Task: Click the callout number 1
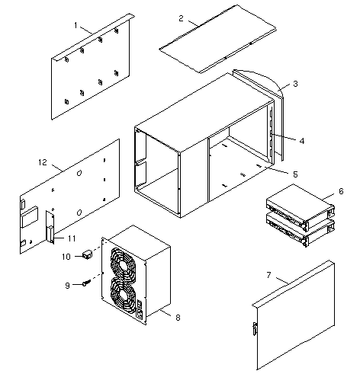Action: [x=76, y=25]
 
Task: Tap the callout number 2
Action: [x=181, y=18]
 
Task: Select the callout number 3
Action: [x=295, y=84]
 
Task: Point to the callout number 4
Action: [x=302, y=141]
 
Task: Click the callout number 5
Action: [x=295, y=174]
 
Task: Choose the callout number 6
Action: [x=341, y=191]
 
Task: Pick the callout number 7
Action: [x=268, y=275]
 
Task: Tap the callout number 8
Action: [x=178, y=318]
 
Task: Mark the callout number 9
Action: [x=67, y=286]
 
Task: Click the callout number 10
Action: [x=66, y=257]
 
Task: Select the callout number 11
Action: [x=72, y=238]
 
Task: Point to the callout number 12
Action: [x=43, y=162]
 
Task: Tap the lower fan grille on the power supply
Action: [x=123, y=296]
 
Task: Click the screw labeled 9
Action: [x=87, y=283]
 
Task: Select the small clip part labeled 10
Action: [x=87, y=254]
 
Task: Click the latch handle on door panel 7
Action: [x=255, y=329]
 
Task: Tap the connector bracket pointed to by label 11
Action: [x=50, y=227]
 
